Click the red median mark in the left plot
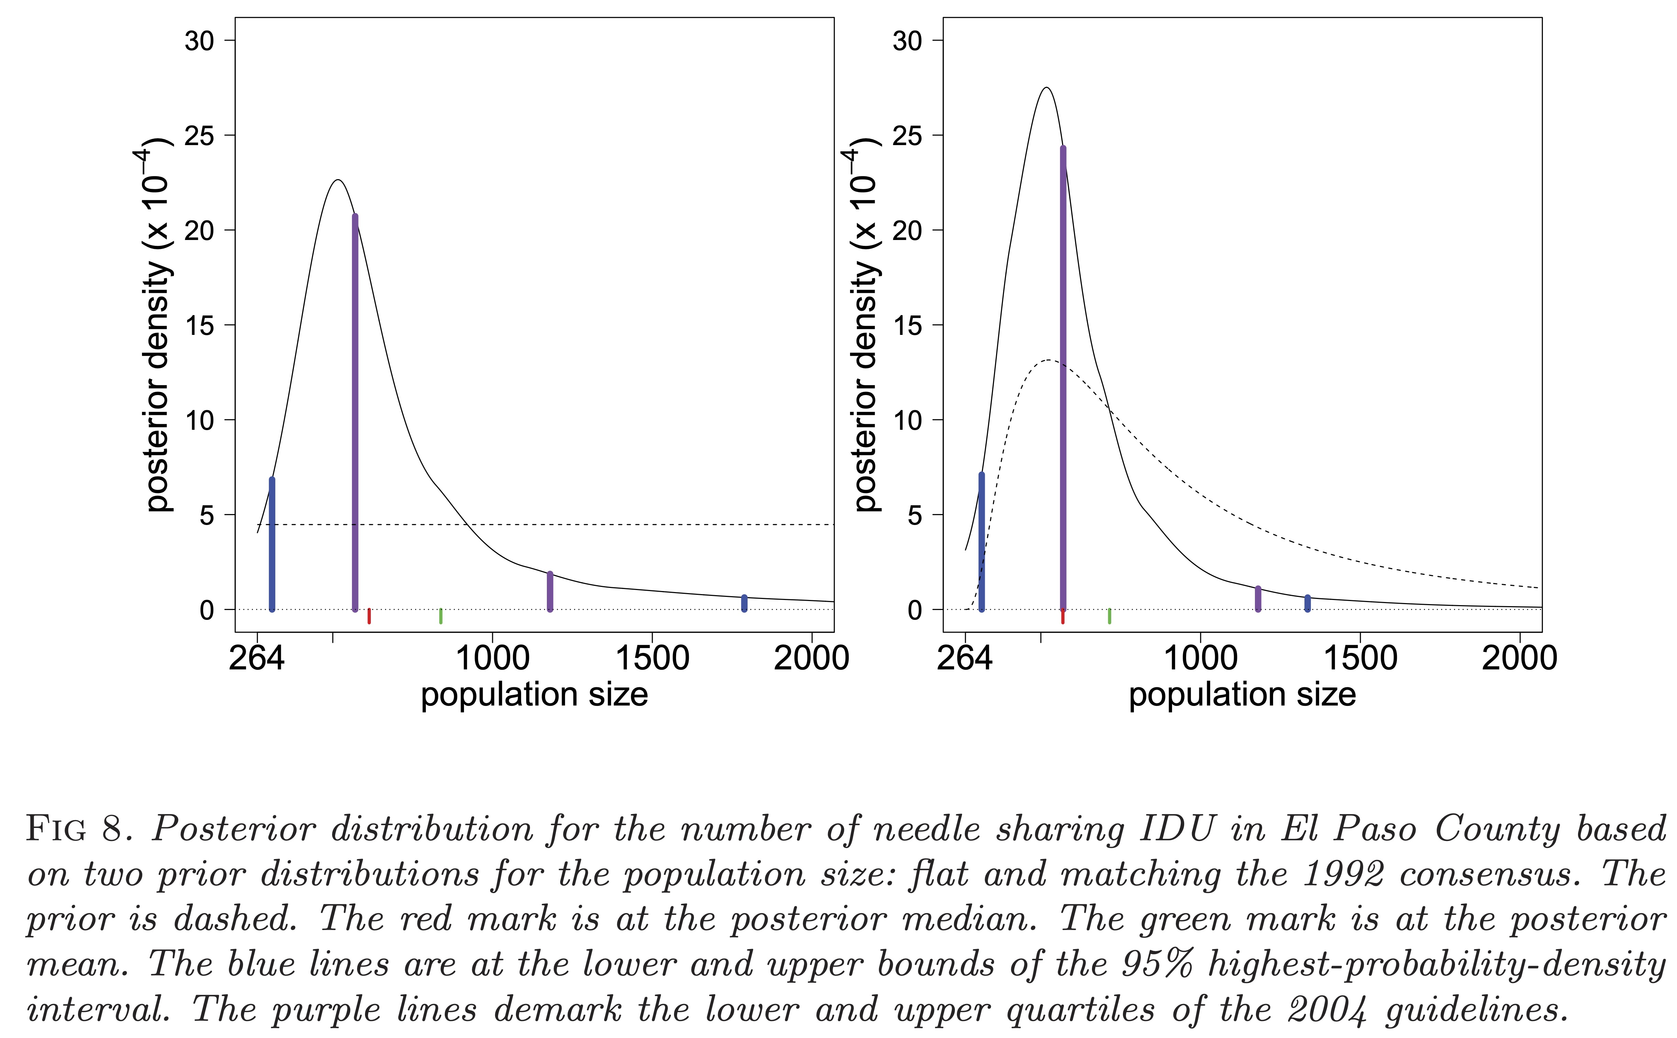pos(369,616)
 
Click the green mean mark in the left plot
pos(441,616)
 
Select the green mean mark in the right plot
pos(1110,616)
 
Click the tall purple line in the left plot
pos(355,412)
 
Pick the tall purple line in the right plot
pos(1063,378)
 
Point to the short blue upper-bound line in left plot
pos(744,603)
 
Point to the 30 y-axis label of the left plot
pos(199,41)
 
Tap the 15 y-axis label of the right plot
pos(907,325)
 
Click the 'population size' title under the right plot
pos(1242,695)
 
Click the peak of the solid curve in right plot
pos(1046,88)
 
